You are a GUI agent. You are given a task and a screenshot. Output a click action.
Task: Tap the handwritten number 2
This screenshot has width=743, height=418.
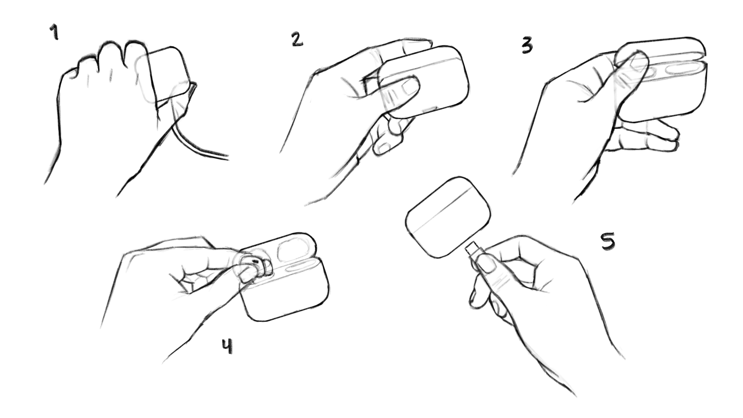297,40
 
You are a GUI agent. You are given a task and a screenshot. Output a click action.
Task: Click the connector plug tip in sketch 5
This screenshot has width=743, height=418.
472,249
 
